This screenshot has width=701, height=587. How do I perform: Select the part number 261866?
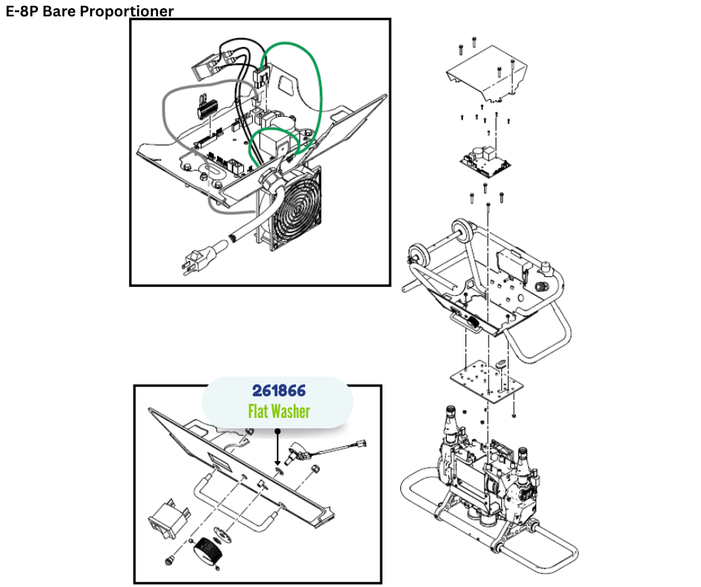(278, 390)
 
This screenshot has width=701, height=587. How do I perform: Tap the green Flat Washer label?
(278, 410)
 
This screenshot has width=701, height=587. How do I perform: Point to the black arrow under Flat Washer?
(277, 447)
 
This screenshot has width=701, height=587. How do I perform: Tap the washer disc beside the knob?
(221, 534)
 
